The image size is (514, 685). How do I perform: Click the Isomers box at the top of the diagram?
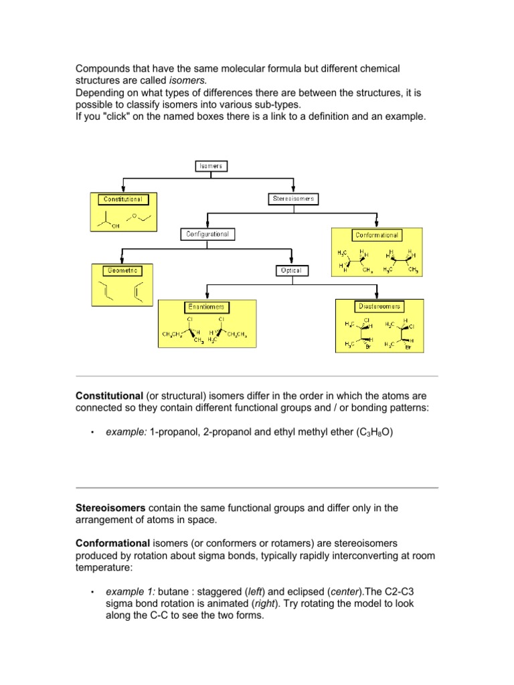click(211, 165)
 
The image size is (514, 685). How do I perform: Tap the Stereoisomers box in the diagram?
click(293, 199)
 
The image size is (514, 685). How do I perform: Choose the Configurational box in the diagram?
click(207, 234)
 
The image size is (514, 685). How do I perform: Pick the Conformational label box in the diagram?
click(377, 235)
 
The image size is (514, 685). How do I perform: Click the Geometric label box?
click(122, 270)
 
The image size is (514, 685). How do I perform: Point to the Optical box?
click(292, 270)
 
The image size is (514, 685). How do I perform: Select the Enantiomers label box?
click(206, 307)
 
